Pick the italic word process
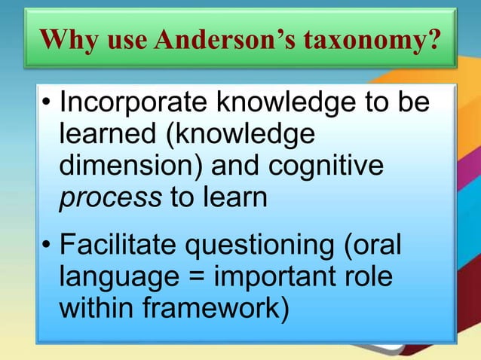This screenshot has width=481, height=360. click(109, 199)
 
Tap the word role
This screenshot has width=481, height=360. click(369, 279)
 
